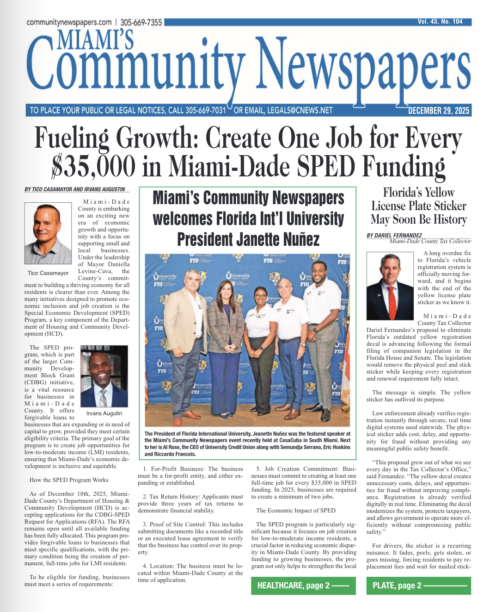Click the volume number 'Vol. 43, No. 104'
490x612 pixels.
[440, 22]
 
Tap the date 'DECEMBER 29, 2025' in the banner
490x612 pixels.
[438, 111]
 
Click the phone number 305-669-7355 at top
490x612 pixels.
[141, 22]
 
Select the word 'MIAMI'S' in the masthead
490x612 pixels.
[96, 40]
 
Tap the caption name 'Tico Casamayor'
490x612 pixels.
[48, 273]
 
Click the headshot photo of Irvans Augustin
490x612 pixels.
[104, 376]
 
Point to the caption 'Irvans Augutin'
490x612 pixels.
[104, 413]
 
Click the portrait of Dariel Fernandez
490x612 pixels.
[389, 286]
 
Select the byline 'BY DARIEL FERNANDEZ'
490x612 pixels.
[394, 235]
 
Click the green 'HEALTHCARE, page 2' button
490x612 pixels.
[303, 586]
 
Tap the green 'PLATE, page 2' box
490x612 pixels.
[418, 586]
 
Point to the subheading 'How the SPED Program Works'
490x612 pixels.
[69, 480]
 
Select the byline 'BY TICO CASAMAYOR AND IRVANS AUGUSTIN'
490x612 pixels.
[75, 189]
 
